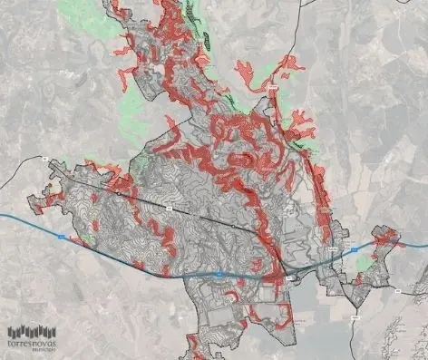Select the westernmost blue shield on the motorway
point(61,237)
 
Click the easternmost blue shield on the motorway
point(356,247)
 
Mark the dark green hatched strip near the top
point(205,36)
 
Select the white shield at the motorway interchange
point(288,278)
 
